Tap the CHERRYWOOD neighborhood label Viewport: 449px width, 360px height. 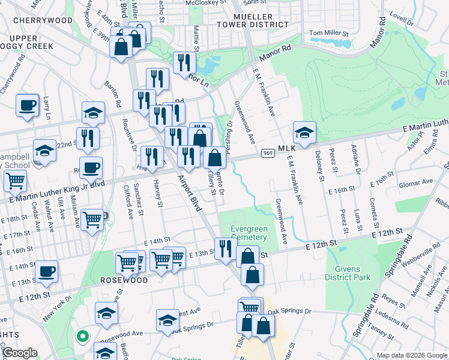[x=43, y=20]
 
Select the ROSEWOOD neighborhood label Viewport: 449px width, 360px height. [x=124, y=280]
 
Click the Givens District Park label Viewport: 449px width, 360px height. [x=348, y=272]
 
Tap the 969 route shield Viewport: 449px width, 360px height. [x=268, y=154]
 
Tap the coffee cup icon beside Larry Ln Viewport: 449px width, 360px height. [x=27, y=106]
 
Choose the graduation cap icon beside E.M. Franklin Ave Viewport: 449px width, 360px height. [x=304, y=133]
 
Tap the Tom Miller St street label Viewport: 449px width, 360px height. [x=329, y=32]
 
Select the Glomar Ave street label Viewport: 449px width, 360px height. [x=418, y=181]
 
